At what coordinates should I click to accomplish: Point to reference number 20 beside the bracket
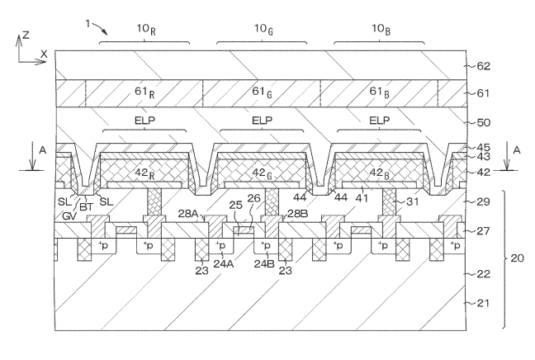coord(518,258)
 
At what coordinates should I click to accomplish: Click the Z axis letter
coord(26,36)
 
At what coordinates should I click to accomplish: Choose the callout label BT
coord(85,210)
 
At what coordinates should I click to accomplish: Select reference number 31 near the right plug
coord(413,202)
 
